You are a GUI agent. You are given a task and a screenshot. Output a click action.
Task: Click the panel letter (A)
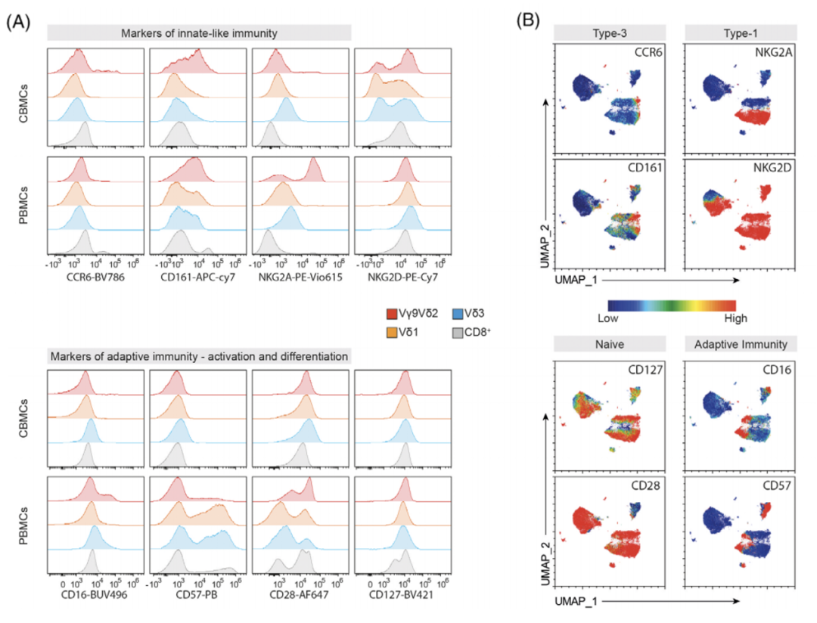tap(18, 22)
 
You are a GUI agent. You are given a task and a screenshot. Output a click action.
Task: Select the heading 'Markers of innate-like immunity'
tap(200, 33)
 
